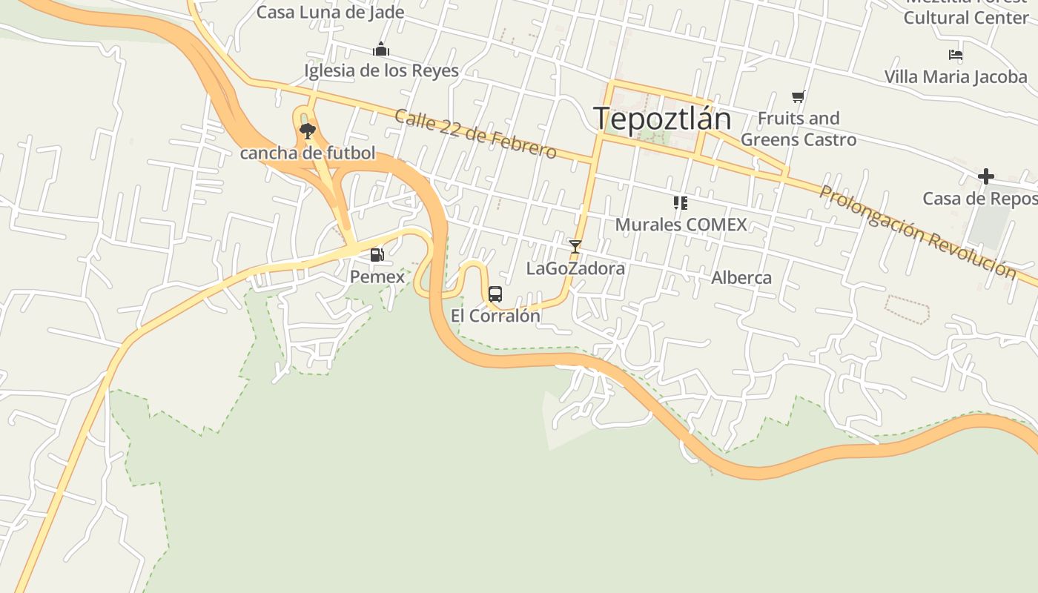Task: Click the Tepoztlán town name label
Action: [662, 119]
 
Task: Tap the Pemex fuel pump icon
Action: [377, 256]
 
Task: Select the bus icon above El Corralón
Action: [495, 294]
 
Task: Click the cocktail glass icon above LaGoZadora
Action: [575, 247]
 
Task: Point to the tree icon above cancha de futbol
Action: [307, 132]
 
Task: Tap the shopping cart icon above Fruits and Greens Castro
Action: [799, 96]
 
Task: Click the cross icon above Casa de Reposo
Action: [985, 176]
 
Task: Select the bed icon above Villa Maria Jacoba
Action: [956, 55]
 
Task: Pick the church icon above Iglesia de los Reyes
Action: [381, 50]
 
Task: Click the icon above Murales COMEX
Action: [680, 203]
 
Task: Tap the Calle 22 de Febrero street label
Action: [475, 134]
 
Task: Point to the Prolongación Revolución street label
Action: [918, 231]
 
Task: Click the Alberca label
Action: [741, 278]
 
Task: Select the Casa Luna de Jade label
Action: [331, 12]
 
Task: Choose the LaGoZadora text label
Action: [575, 268]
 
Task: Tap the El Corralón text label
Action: [495, 316]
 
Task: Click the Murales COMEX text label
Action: [681, 225]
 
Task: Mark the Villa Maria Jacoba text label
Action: [956, 76]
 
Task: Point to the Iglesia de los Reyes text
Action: [381, 71]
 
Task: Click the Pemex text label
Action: [377, 277]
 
